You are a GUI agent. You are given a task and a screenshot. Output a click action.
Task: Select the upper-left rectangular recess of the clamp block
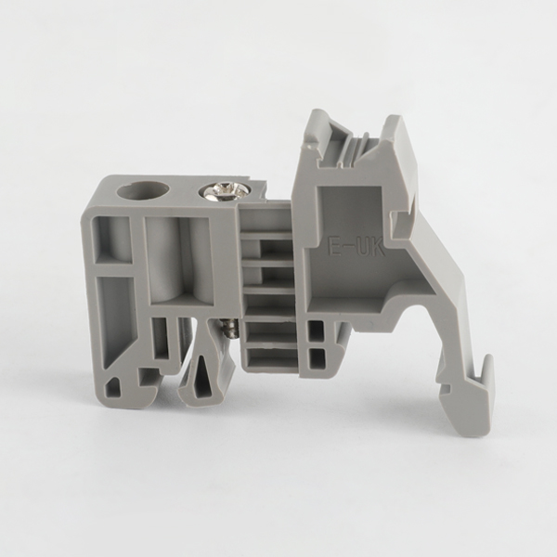click(x=112, y=240)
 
